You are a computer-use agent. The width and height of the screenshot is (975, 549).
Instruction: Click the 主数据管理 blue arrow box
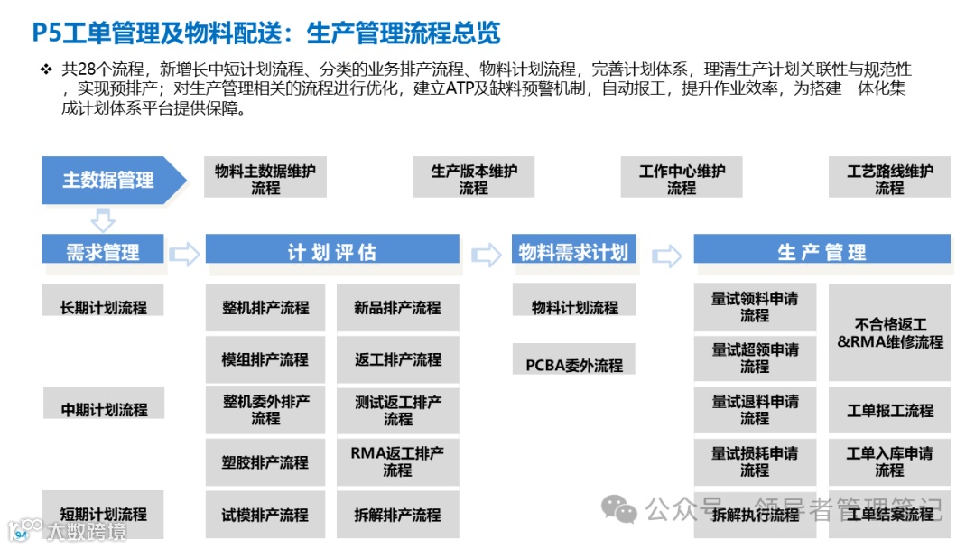(108, 180)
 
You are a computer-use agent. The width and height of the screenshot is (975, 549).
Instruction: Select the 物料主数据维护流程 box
(265, 179)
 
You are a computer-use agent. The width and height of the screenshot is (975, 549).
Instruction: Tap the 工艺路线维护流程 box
(889, 179)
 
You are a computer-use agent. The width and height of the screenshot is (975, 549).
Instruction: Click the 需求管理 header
(103, 251)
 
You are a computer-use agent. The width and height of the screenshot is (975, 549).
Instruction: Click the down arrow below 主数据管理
(104, 219)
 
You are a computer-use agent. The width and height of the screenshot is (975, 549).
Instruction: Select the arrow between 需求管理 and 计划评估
(184, 255)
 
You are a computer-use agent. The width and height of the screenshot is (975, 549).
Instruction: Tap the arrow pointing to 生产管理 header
(666, 256)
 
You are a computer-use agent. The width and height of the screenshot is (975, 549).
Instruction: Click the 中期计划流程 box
(104, 409)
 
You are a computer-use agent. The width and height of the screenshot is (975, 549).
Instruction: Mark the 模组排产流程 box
(265, 358)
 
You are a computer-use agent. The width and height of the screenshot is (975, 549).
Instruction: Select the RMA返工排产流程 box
(397, 461)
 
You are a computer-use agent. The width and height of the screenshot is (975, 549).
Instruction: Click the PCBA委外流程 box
(574, 364)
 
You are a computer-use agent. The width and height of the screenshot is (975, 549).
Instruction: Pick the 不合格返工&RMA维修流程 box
(889, 332)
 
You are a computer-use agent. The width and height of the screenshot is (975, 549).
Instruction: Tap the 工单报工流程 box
(889, 410)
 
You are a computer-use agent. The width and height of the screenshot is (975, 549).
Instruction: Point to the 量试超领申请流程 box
(755, 358)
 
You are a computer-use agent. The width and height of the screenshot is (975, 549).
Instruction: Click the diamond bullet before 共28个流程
(46, 70)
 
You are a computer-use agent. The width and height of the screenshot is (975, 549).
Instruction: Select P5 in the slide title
(47, 34)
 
